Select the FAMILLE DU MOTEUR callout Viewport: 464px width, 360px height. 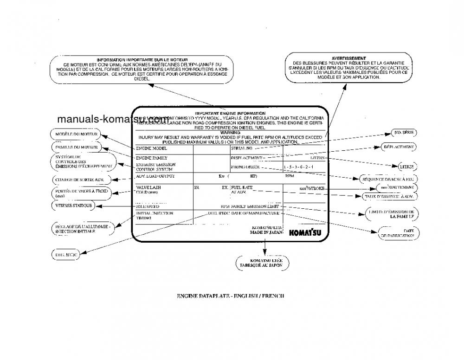(75, 147)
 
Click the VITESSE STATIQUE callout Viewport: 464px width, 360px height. (72, 205)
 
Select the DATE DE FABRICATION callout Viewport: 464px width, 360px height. (397, 233)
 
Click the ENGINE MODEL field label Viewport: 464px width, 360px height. (151, 148)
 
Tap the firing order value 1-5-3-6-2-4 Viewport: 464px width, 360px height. (298, 167)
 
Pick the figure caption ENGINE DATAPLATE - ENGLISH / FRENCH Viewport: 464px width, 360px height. (230, 296)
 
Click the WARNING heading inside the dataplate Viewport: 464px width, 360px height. (230, 133)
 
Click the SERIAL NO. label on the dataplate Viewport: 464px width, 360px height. (242, 148)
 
